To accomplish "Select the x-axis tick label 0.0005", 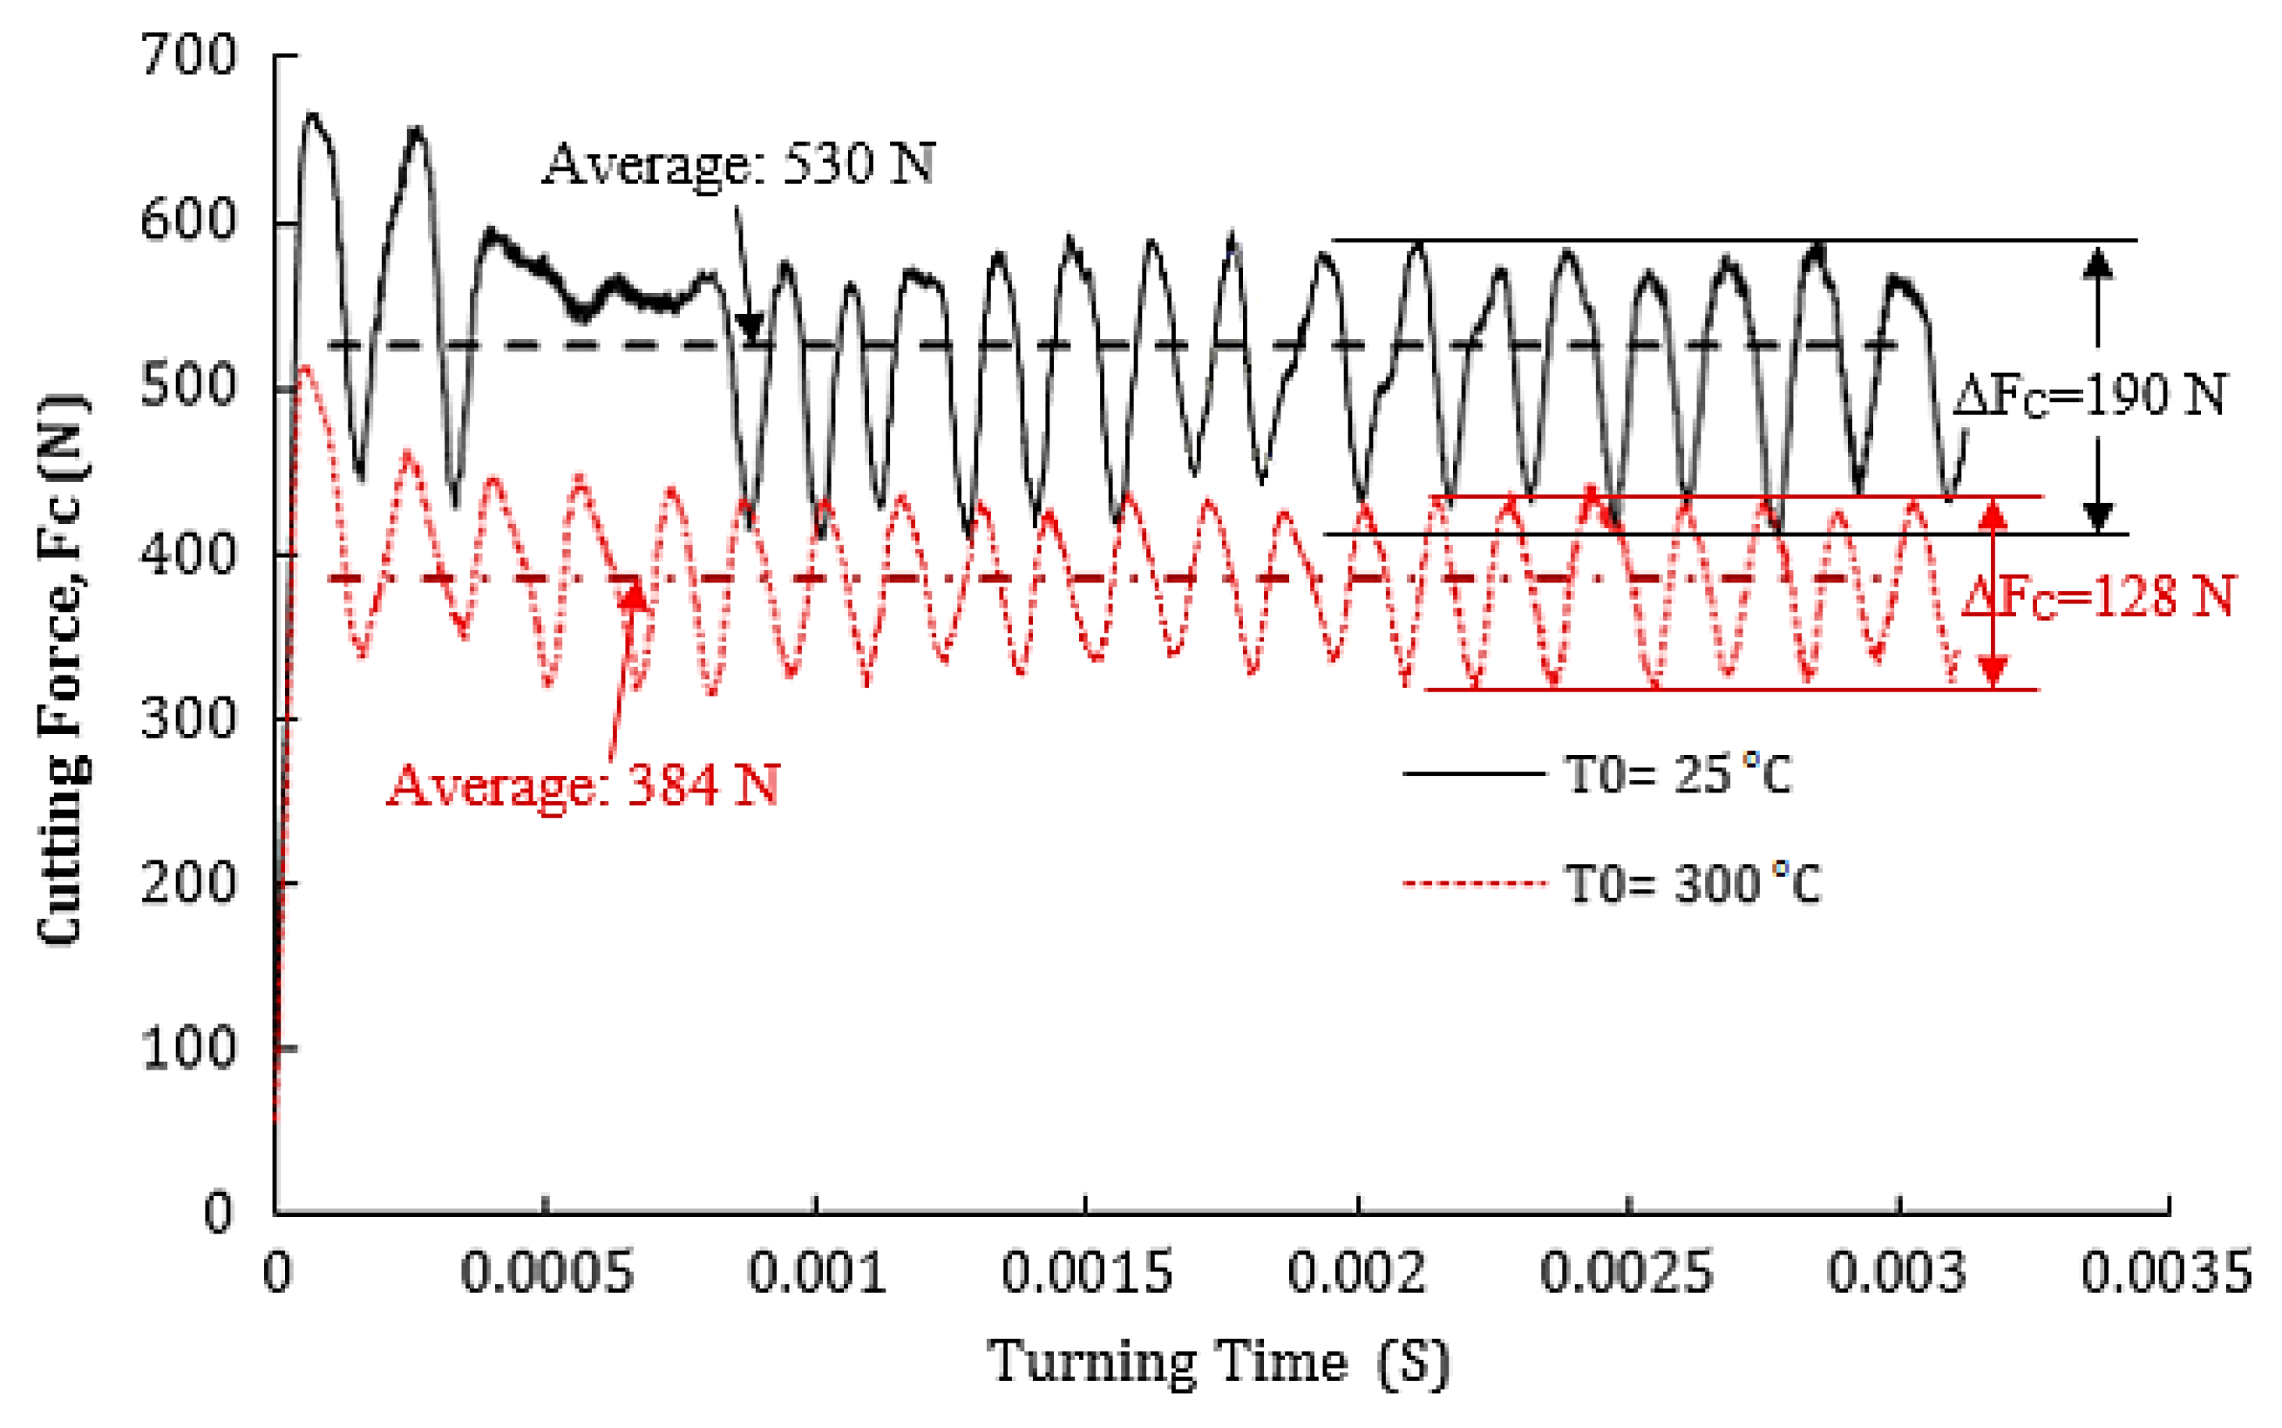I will tap(547, 1272).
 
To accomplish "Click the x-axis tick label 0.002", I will tap(1357, 1272).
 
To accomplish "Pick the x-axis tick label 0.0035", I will tap(2167, 1272).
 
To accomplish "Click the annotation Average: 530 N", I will tap(738, 163).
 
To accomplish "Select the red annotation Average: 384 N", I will tap(583, 784).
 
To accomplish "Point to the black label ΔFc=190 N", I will tap(2088, 395).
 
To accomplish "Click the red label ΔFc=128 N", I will tap(2098, 597).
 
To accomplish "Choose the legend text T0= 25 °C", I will tap(1678, 774).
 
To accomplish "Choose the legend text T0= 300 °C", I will tap(1693, 884).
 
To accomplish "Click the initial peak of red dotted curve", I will tap(305, 367).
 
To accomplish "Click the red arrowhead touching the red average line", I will tap(635, 594).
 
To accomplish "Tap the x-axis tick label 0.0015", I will tap(1087, 1272).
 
